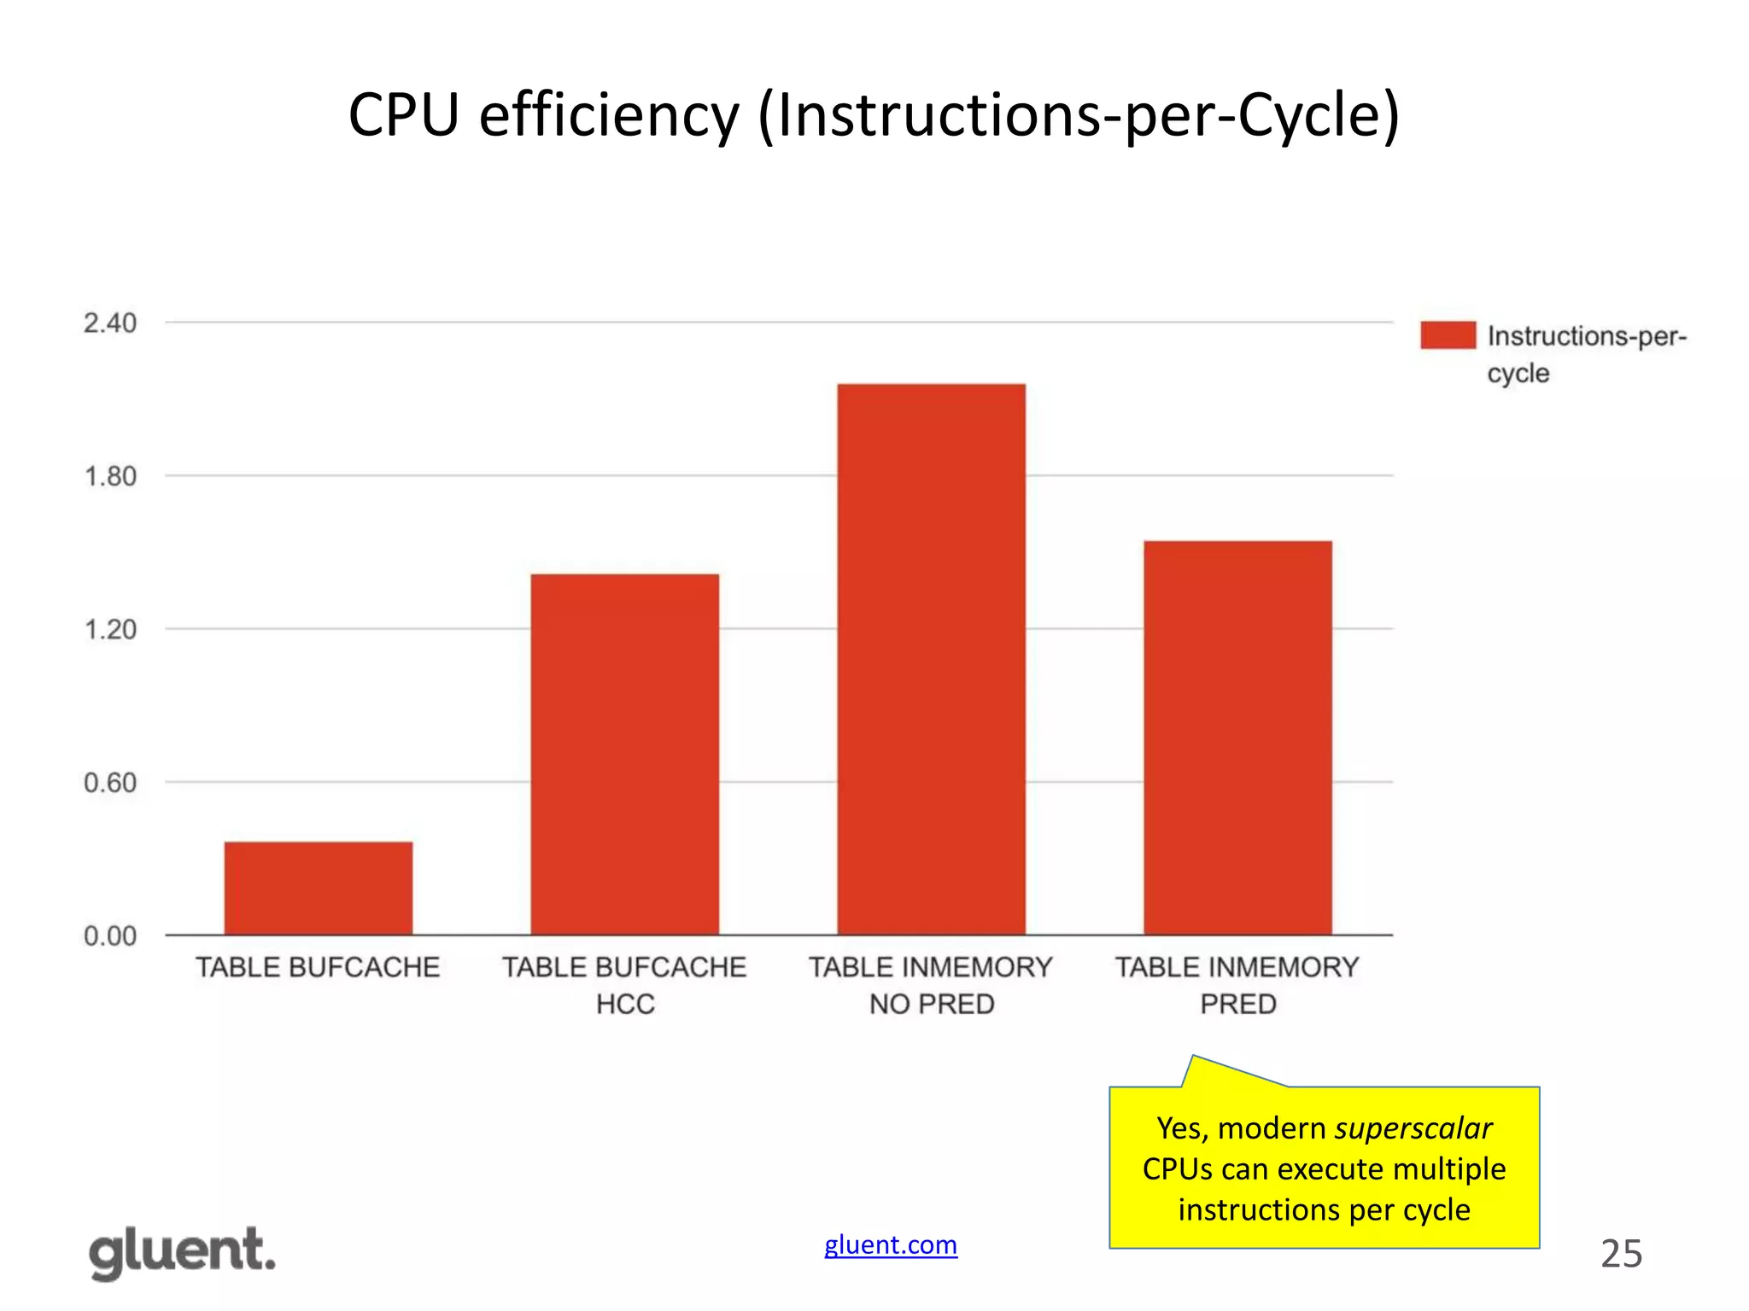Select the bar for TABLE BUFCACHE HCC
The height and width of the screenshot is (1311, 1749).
point(624,755)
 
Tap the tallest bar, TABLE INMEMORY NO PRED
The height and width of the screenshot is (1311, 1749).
point(931,659)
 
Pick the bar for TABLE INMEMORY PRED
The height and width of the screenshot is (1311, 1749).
point(1237,737)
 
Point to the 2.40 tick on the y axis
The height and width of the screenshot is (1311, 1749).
point(110,323)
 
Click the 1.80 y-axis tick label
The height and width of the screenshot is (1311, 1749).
point(110,476)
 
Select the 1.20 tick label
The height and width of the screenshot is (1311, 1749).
point(110,630)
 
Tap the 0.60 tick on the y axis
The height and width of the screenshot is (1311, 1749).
point(110,783)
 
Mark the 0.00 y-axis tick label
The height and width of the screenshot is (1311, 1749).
point(110,936)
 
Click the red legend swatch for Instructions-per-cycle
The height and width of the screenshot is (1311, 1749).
point(1448,335)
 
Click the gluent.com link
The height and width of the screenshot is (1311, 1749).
point(890,1245)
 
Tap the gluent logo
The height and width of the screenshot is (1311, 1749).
point(182,1252)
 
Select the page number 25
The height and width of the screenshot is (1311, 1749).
point(1621,1254)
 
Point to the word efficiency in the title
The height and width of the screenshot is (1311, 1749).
point(608,115)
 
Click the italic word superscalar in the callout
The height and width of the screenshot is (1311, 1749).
point(1413,1128)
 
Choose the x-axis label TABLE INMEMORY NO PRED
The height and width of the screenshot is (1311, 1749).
point(931,985)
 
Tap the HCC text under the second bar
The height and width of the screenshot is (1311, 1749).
point(625,1004)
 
